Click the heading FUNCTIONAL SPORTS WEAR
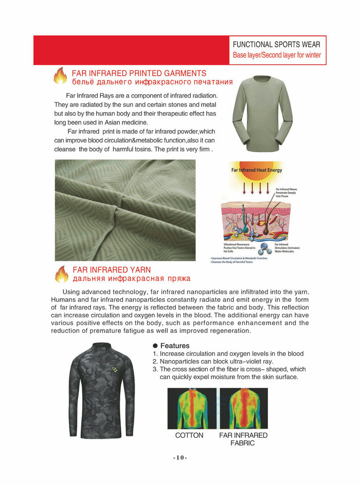(276, 44)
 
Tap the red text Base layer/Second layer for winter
(277, 55)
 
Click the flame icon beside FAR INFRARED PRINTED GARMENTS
(60, 76)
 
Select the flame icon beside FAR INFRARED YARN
(62, 274)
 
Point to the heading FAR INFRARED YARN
(112, 270)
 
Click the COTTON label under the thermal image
(189, 436)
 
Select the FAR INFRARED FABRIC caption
(243, 439)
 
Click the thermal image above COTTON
(192, 408)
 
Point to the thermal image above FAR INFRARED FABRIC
(243, 408)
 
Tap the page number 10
(179, 458)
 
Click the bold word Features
(175, 346)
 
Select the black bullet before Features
(155, 346)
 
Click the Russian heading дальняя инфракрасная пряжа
(132, 279)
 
